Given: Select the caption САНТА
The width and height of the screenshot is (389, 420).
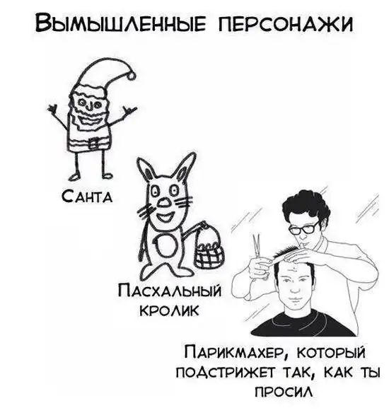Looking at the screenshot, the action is pos(87,197).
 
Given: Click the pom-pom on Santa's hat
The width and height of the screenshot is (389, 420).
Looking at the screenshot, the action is pos(131,76).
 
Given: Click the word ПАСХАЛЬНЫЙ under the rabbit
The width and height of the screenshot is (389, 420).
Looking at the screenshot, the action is pos(170,292).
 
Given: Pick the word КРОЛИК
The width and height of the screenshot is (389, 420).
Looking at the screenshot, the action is pos(170,310).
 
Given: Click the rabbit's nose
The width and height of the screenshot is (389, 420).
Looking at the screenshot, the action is pos(163,204).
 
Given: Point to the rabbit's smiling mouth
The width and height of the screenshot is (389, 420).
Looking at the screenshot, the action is pos(165,216).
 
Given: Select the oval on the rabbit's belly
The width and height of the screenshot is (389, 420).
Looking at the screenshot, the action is pos(165,247).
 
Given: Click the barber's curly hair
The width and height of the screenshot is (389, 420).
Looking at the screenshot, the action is pos(308,206).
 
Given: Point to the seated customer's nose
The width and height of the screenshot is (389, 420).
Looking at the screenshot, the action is pos(294,288).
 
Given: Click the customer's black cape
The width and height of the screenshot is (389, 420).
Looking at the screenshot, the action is pos(303,324).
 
